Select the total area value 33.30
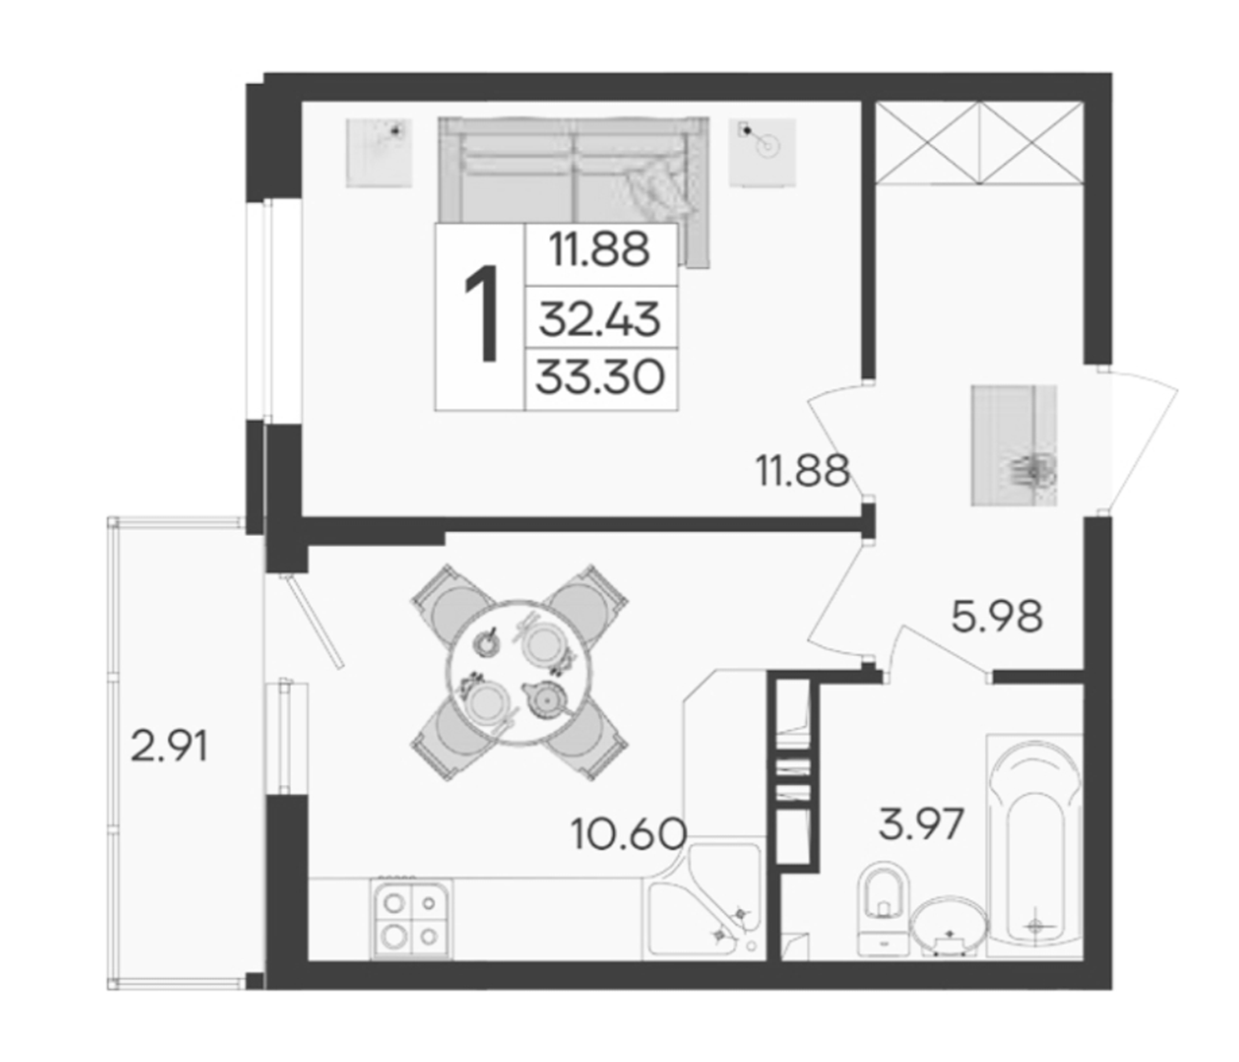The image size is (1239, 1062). coord(600,379)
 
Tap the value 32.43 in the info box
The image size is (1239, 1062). coord(600,319)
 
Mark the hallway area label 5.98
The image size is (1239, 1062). coord(997,617)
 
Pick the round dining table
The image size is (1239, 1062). coord(519,671)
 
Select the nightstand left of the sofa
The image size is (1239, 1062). coord(379,153)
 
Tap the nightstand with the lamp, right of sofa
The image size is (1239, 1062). coord(762,153)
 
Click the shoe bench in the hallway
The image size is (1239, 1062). coord(1014,445)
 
